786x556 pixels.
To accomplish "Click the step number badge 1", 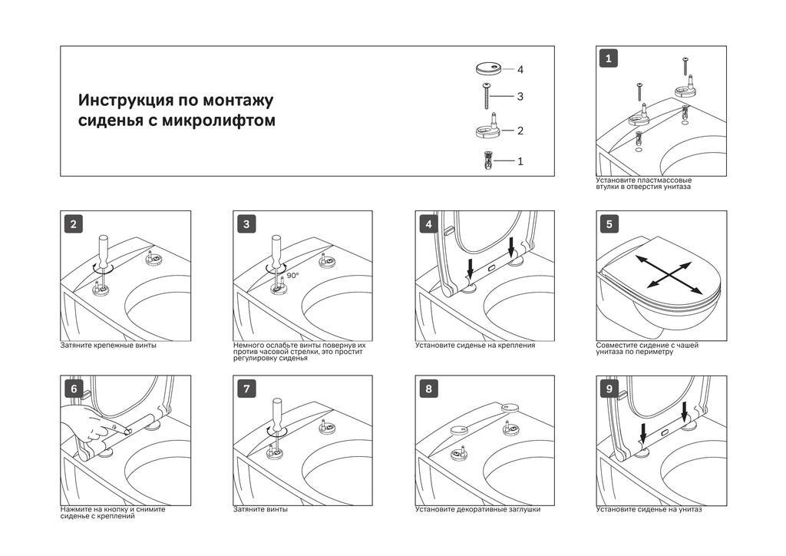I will click(609, 58).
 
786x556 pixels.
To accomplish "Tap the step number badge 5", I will click(609, 224).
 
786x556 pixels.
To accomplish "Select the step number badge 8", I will click(428, 389).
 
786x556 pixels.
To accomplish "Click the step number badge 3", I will click(246, 224).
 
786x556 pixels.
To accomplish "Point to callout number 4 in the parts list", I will click(520, 70).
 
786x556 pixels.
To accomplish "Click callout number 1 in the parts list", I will click(520, 161).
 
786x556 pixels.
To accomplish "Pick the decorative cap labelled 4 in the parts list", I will click(489, 68).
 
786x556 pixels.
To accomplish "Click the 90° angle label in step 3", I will click(292, 275).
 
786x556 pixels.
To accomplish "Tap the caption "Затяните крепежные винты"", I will click(108, 346).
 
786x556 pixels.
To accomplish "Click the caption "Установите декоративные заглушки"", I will click(477, 509).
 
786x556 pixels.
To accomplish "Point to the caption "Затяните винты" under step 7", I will click(261, 509).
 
